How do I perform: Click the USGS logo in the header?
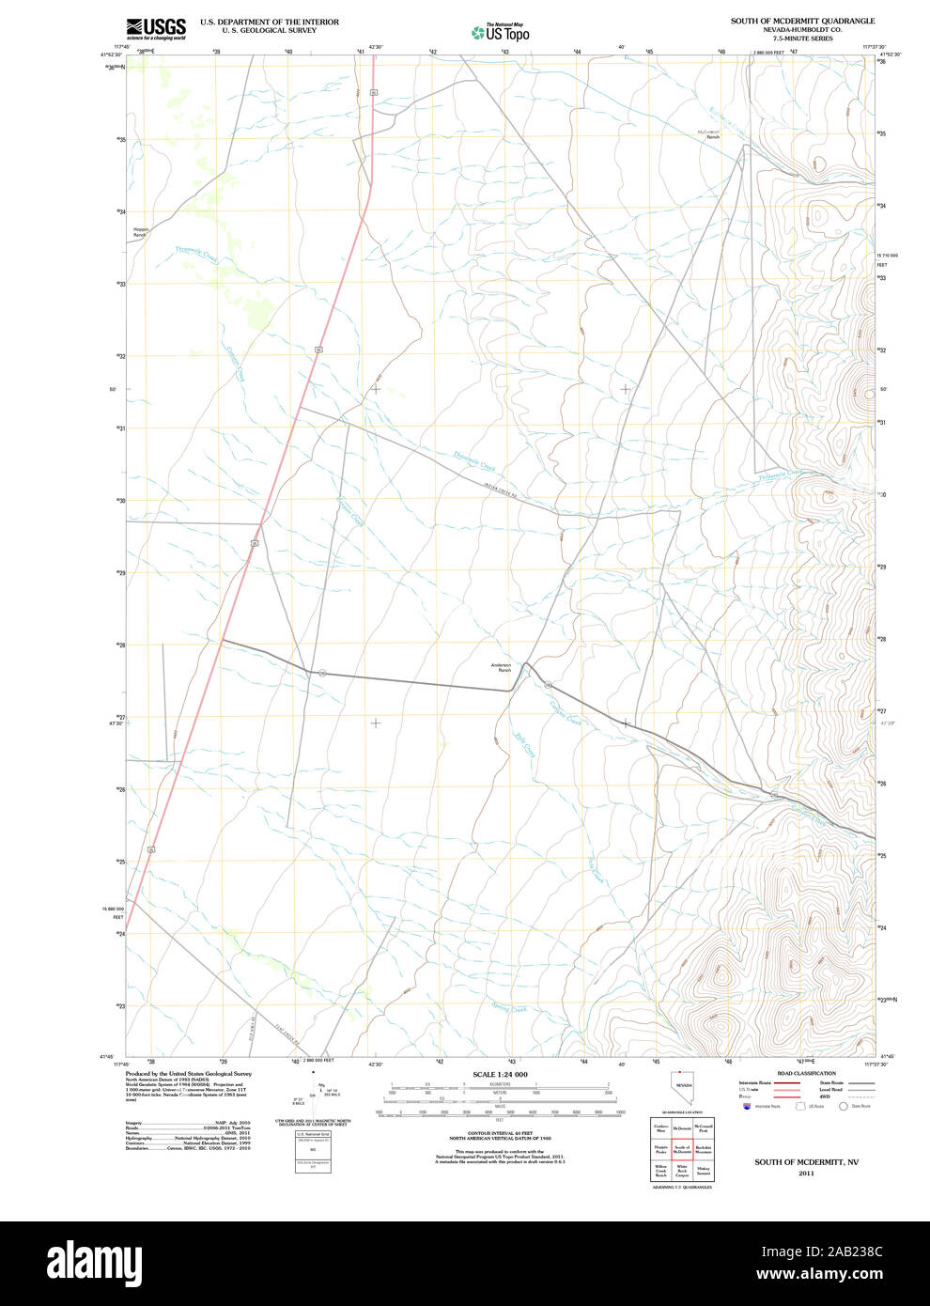pyautogui.click(x=156, y=28)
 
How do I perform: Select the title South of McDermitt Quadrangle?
pyautogui.click(x=802, y=21)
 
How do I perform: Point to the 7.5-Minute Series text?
pyautogui.click(x=802, y=39)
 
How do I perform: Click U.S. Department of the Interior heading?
pyautogui.click(x=270, y=22)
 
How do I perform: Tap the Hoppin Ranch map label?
pyautogui.click(x=140, y=231)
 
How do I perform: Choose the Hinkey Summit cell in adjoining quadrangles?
pyautogui.click(x=704, y=1172)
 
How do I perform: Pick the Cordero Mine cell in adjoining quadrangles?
pyautogui.click(x=661, y=1127)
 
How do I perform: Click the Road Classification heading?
pyautogui.click(x=806, y=1073)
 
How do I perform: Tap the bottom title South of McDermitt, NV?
pyautogui.click(x=806, y=1162)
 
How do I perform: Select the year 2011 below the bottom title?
pyautogui.click(x=806, y=1174)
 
